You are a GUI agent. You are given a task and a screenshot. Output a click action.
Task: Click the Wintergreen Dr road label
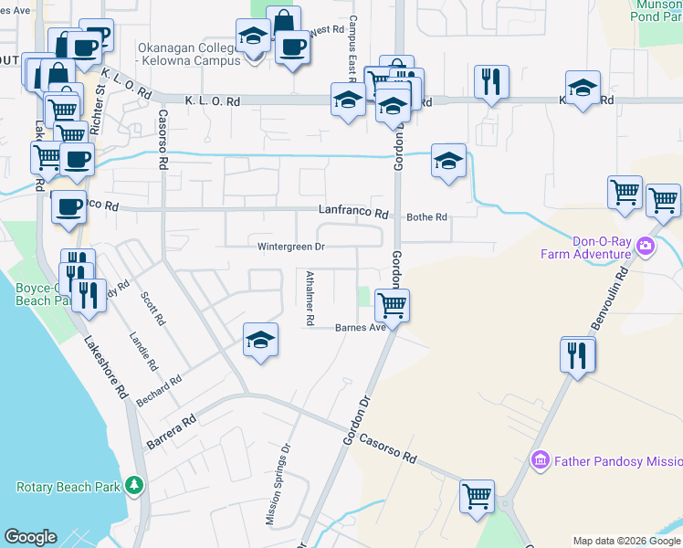tap(291, 247)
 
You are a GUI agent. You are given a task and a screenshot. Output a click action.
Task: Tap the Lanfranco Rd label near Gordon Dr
tap(353, 212)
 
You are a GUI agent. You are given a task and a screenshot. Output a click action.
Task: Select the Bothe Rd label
tap(427, 217)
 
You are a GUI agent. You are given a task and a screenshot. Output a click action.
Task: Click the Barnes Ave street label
tap(361, 327)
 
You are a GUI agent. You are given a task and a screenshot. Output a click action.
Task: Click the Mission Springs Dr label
tap(278, 485)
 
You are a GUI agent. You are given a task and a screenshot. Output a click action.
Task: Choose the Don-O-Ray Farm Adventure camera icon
tap(646, 246)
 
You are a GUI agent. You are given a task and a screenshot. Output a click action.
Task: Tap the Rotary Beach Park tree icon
tap(135, 484)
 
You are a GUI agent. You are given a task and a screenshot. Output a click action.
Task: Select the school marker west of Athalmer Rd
tap(261, 341)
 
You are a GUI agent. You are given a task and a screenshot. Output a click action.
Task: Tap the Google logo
tap(31, 537)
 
